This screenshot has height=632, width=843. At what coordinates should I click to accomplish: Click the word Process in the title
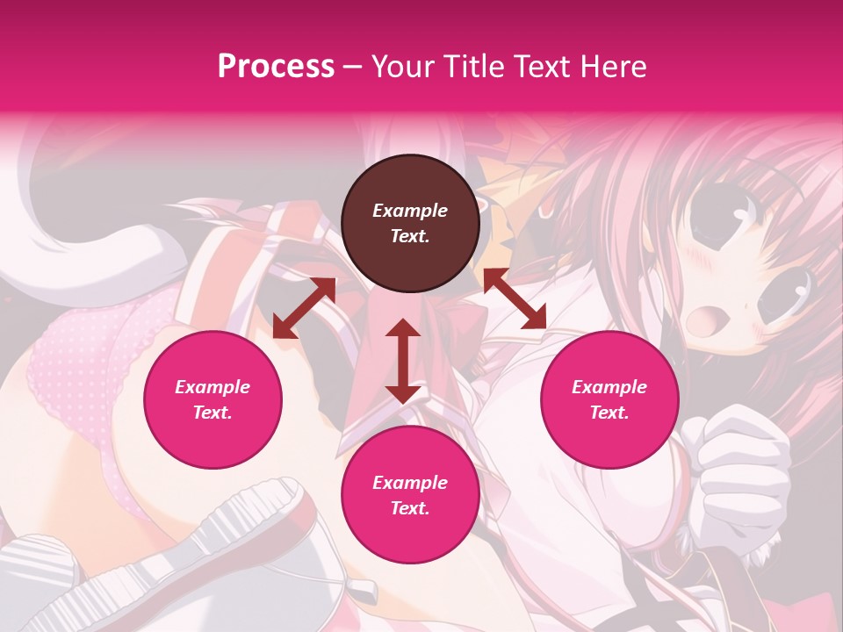pyautogui.click(x=276, y=67)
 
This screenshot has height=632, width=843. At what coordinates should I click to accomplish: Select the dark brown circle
pyautogui.click(x=410, y=223)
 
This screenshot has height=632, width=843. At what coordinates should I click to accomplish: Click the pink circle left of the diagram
pyautogui.click(x=213, y=399)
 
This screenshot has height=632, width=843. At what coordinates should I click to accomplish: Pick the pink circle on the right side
pyautogui.click(x=609, y=399)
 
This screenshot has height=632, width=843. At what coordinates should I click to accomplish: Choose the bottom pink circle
pyautogui.click(x=410, y=495)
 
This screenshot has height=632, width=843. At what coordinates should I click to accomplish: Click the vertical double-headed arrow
pyautogui.click(x=403, y=361)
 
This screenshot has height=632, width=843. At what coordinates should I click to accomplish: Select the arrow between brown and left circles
pyautogui.click(x=304, y=307)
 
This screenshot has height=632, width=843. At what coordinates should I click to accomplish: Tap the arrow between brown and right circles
pyautogui.click(x=515, y=298)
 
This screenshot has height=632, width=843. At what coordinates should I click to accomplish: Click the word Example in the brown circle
pyautogui.click(x=410, y=211)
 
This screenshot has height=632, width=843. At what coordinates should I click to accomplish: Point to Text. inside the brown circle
pyautogui.click(x=410, y=236)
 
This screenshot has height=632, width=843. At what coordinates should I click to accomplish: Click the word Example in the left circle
pyautogui.click(x=213, y=387)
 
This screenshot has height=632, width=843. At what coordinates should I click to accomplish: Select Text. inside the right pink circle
pyautogui.click(x=609, y=413)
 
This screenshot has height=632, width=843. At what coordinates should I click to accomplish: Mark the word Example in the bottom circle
pyautogui.click(x=410, y=483)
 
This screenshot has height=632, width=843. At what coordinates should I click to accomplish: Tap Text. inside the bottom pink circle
pyautogui.click(x=410, y=508)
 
